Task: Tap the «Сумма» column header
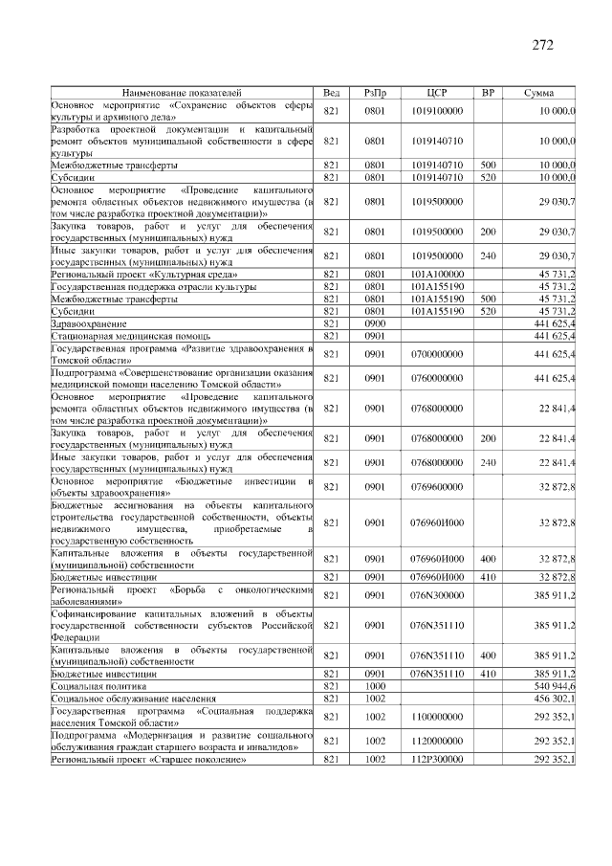[x=538, y=92]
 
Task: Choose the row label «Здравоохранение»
[x=91, y=324]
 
